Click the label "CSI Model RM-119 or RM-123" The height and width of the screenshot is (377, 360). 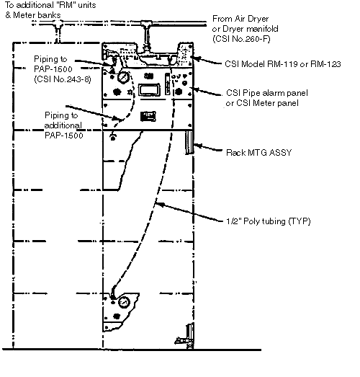pyautogui.click(x=283, y=64)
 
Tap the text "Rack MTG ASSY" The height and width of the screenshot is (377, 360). pyautogui.click(x=259, y=153)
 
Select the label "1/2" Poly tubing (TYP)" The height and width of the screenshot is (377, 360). pyautogui.click(x=269, y=221)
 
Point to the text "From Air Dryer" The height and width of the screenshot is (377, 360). pyautogui.click(x=240, y=19)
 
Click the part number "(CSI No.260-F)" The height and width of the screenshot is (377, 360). pyautogui.click(x=241, y=39)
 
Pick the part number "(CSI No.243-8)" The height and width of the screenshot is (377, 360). pyautogui.click(x=63, y=79)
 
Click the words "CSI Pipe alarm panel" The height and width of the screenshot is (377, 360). pyautogui.click(x=267, y=93)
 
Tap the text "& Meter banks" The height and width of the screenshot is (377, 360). pyautogui.click(x=33, y=15)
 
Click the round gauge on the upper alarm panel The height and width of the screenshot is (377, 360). pyautogui.click(x=123, y=77)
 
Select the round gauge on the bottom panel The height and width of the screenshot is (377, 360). pyautogui.click(x=124, y=303)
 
